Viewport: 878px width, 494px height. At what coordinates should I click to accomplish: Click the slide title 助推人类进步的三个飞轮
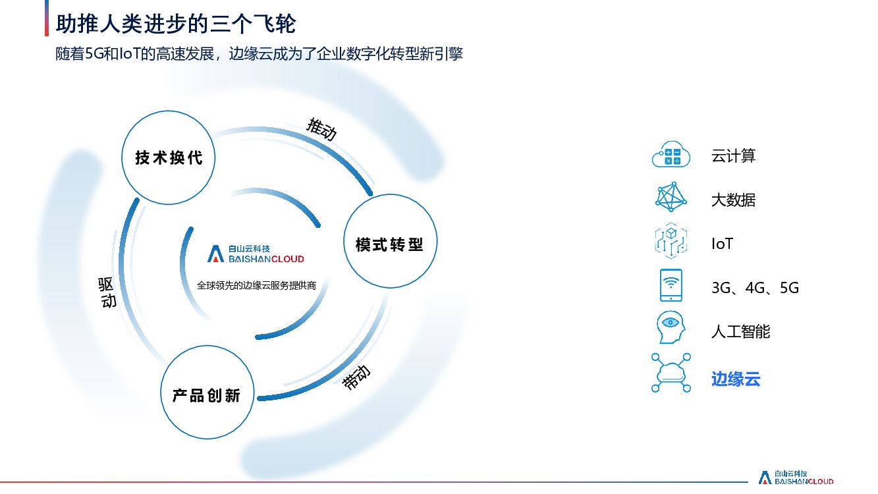tap(176, 24)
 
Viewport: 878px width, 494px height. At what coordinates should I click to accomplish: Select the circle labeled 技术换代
tap(169, 157)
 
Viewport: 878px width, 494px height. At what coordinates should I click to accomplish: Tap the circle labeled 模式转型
tap(389, 244)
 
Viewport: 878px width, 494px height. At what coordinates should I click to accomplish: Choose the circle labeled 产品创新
tap(206, 395)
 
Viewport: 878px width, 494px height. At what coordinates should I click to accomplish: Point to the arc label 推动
tap(321, 128)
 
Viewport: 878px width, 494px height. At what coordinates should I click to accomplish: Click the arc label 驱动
tap(107, 292)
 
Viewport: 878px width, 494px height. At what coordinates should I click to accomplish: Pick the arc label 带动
tap(356, 377)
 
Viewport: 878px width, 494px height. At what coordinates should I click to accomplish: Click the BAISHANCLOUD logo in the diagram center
tap(256, 254)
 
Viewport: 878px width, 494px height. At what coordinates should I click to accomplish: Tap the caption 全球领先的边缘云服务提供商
tap(256, 286)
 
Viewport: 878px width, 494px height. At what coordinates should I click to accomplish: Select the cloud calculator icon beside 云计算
tap(671, 155)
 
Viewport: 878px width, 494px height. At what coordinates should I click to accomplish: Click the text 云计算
tap(733, 156)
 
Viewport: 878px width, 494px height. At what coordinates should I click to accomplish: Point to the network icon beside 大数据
tap(671, 198)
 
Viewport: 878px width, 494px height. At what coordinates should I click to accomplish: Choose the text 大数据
tap(733, 200)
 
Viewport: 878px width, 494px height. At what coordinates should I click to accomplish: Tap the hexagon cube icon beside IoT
tap(671, 241)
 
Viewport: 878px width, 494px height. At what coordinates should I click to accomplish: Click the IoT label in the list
tap(722, 244)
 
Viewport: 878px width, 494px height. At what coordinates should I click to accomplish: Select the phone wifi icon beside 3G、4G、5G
tap(671, 285)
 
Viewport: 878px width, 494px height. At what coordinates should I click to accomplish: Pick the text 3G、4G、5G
tap(755, 288)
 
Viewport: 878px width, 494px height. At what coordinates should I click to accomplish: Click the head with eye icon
tap(671, 327)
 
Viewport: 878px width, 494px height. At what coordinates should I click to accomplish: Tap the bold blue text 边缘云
tap(736, 379)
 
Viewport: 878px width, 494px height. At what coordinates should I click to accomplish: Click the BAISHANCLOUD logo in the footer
tap(796, 478)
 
